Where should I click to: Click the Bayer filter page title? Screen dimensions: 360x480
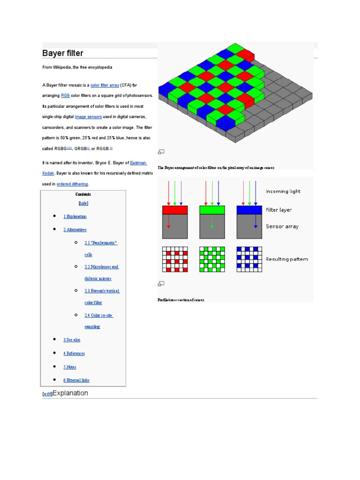point(63,53)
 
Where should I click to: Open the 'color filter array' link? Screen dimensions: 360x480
point(105,85)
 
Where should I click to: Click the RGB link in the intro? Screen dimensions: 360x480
point(65,96)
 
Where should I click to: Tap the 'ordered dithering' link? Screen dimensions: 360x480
point(72,184)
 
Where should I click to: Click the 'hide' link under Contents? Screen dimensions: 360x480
point(83,203)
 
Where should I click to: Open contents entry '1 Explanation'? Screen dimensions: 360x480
point(75,217)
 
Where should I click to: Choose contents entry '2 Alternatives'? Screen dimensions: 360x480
point(75,230)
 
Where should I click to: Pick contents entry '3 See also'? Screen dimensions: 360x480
point(72,339)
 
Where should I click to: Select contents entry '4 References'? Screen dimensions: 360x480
point(74,353)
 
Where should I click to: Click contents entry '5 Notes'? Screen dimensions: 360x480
point(70,367)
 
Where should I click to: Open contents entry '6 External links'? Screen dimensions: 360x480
point(76,380)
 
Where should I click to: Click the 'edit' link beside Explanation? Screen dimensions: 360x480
point(47,394)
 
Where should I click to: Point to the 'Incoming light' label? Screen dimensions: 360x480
point(283,191)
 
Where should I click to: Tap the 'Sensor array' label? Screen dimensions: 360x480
point(282,226)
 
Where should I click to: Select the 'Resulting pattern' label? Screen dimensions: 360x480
point(287,259)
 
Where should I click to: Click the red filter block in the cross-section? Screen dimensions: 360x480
point(175,210)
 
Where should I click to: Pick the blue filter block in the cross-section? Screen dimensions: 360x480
point(249,210)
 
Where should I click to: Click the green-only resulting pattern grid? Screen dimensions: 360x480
point(212,259)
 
